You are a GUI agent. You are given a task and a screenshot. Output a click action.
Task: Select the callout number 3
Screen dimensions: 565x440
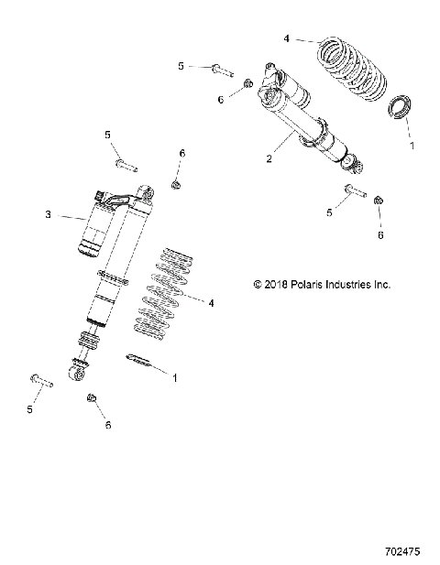(x=49, y=216)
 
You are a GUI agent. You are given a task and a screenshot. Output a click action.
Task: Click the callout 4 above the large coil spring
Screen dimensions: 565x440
(x=287, y=39)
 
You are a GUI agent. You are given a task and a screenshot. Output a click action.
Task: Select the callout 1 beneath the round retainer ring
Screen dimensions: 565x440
(x=411, y=145)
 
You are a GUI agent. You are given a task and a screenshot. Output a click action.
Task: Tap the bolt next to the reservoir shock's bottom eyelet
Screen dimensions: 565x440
(x=42, y=379)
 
